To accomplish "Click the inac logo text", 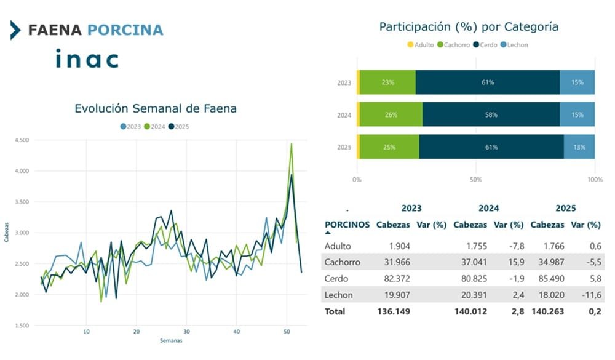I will (x=86, y=59).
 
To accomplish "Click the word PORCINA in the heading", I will (x=125, y=30).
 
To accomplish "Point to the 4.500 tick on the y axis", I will (x=22, y=140).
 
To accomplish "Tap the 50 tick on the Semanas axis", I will (x=287, y=331).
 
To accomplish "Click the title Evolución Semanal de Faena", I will (x=155, y=109).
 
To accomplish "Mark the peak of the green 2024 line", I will (x=291, y=143).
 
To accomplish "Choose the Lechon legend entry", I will (x=514, y=45).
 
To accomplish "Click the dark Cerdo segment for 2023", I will (x=488, y=82).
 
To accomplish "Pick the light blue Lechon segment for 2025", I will (x=579, y=147).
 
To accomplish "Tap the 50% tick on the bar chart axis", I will (x=475, y=180).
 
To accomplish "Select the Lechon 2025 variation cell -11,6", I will (x=589, y=295).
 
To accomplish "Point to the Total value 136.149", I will (x=394, y=311).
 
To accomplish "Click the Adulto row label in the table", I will (x=337, y=246).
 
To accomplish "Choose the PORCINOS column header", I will (x=347, y=225).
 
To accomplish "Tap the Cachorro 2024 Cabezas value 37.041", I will (x=470, y=262).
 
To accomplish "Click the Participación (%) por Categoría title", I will (x=469, y=27).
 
